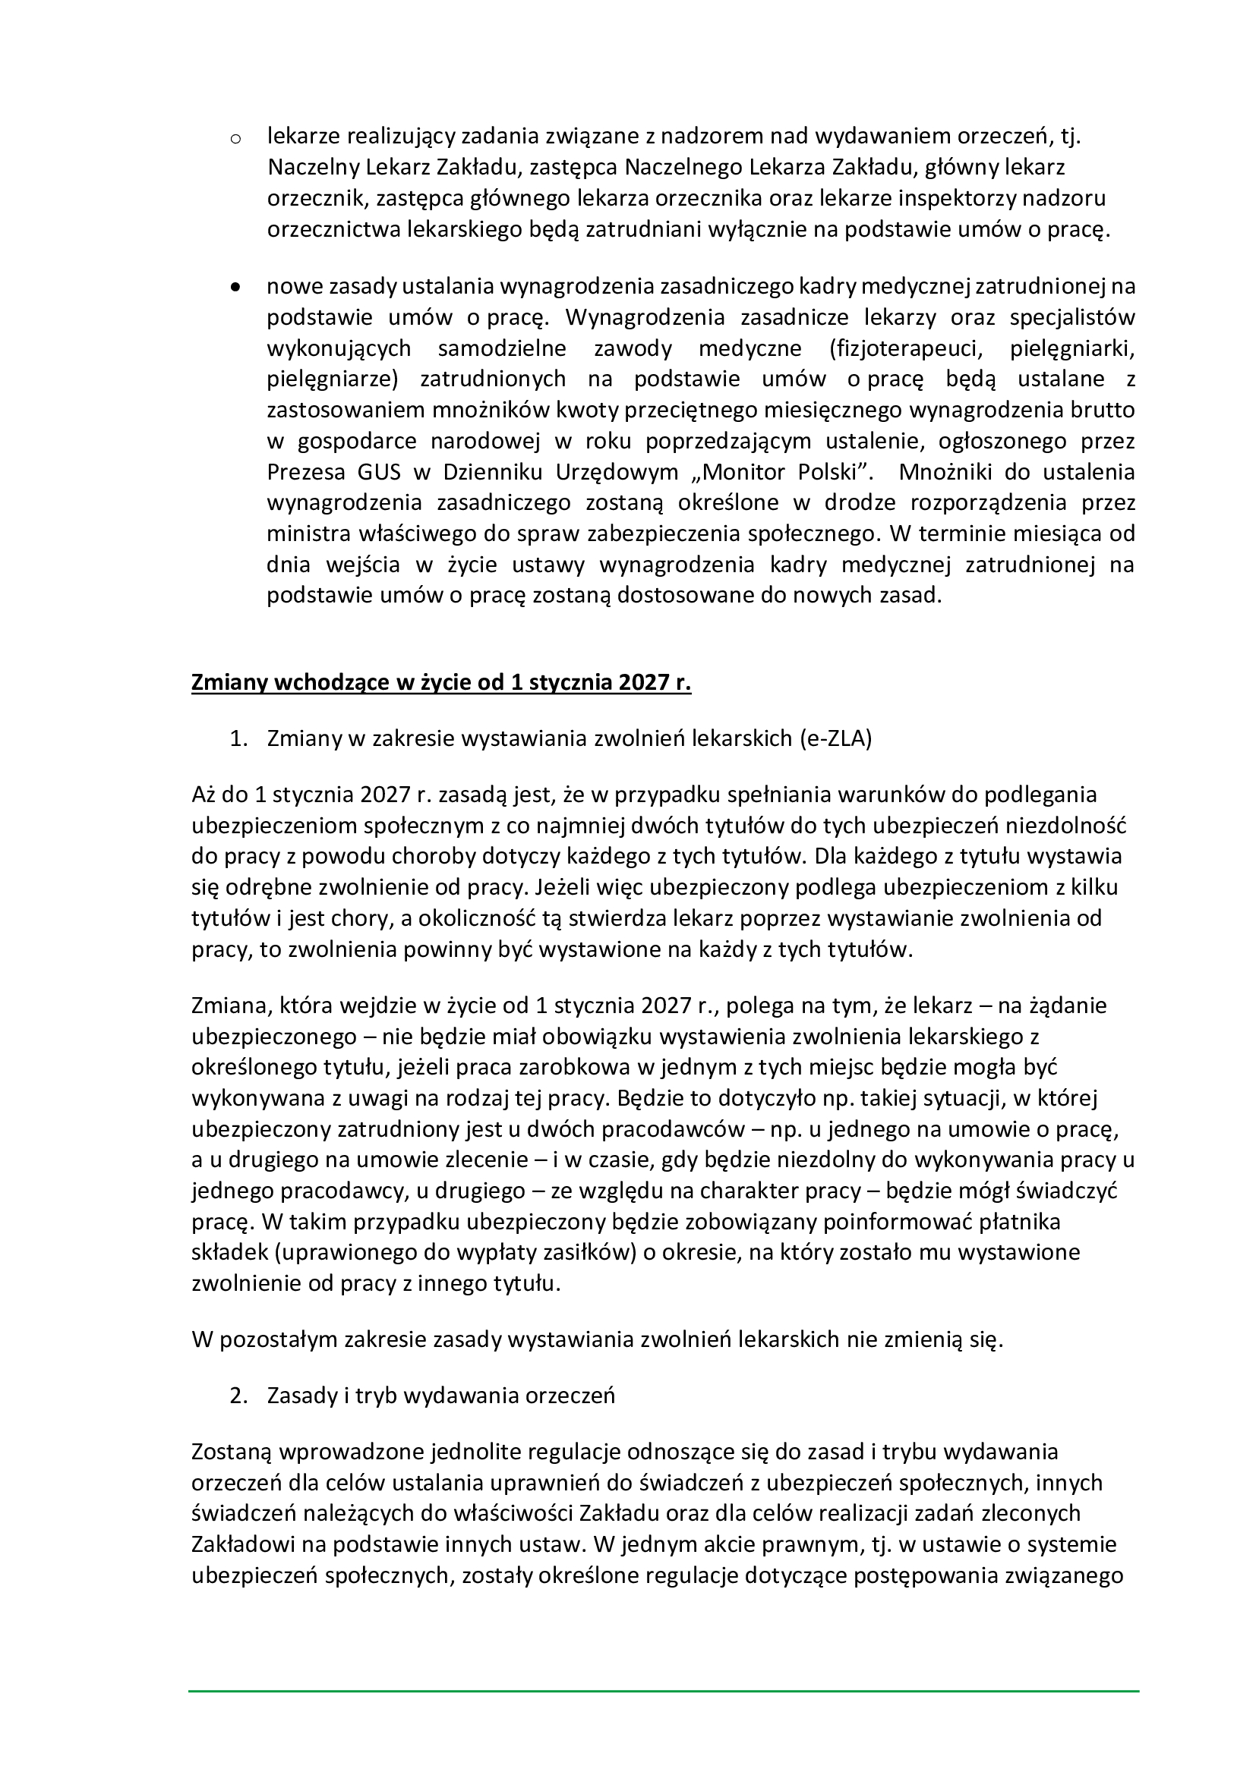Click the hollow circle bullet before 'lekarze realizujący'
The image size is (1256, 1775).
click(236, 140)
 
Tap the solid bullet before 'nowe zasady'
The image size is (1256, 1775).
click(236, 288)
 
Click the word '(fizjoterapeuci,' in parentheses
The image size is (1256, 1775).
click(905, 348)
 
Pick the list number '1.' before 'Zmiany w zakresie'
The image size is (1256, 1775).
click(238, 739)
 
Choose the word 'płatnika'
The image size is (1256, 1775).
click(1019, 1223)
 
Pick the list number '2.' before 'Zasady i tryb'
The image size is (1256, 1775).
click(238, 1396)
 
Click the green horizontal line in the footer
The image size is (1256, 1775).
click(664, 1692)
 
